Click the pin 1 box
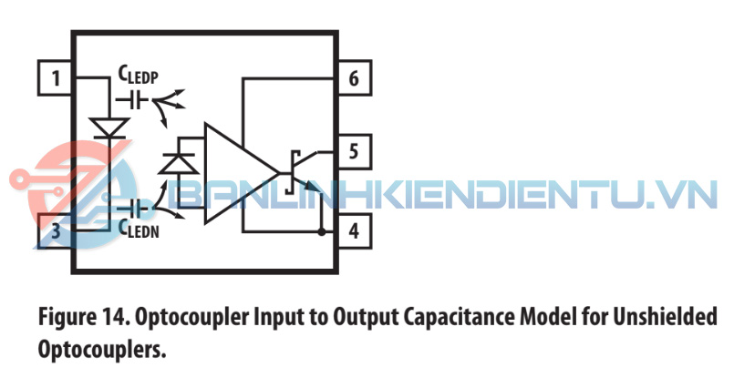[x=55, y=78]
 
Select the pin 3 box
[x=55, y=231]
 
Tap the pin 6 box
[x=355, y=78]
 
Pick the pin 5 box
[x=355, y=152]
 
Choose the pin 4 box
[x=355, y=231]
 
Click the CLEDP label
[x=138, y=76]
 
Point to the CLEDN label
[x=139, y=229]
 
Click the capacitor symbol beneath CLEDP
[x=132, y=100]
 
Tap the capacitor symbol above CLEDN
[x=132, y=209]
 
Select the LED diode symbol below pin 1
[x=109, y=128]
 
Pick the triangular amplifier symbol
[x=242, y=173]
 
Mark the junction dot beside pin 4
[x=322, y=232]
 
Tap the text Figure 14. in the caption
[x=84, y=317]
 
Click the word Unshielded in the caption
[x=666, y=316]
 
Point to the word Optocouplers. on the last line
[x=102, y=349]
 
